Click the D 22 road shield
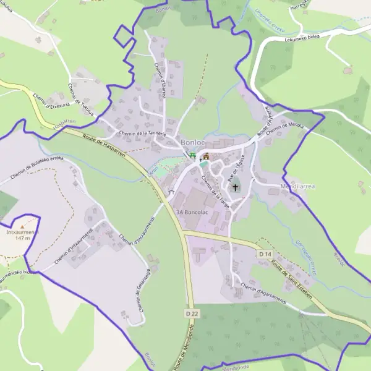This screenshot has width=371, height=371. [192, 314]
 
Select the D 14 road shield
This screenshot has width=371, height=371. [265, 254]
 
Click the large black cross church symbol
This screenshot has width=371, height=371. [235, 187]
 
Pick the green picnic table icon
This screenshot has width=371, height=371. [192, 155]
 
